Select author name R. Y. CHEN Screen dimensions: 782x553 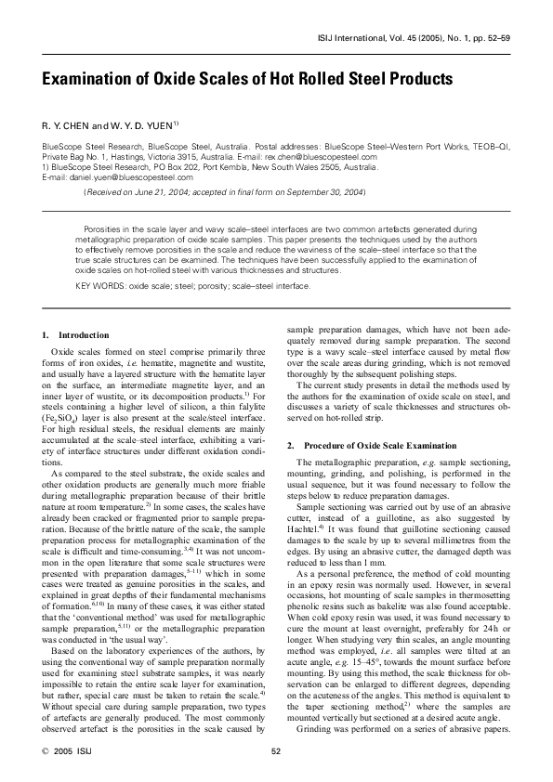[x=68, y=124]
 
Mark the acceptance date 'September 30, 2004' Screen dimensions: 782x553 [x=328, y=191]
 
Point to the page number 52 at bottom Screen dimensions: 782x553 [x=276, y=752]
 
